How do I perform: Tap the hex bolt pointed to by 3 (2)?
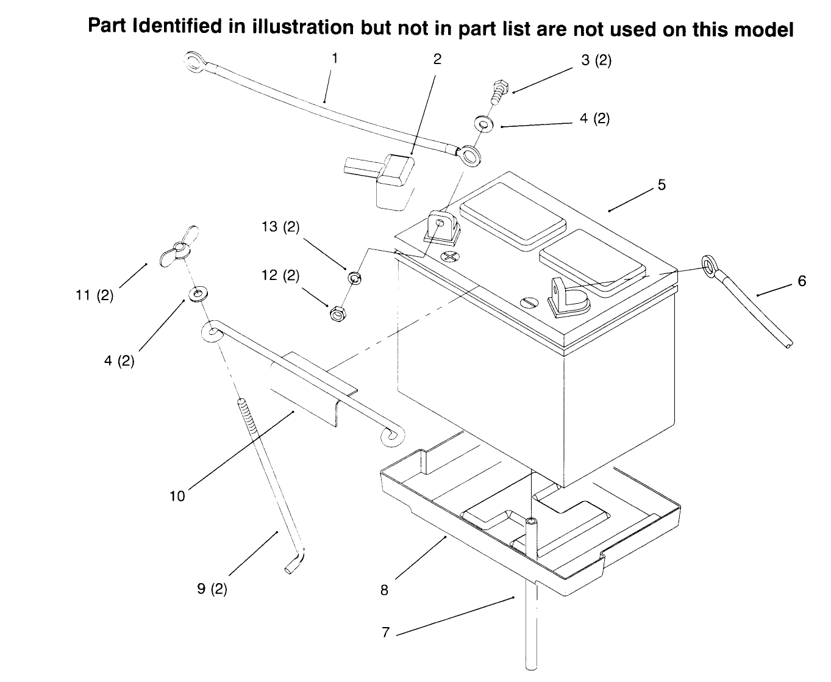tap(499, 92)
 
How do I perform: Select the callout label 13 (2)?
tap(280, 227)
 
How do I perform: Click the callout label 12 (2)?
tap(280, 275)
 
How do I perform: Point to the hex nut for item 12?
tap(338, 314)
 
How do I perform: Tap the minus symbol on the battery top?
tap(529, 303)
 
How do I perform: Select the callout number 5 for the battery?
tap(662, 184)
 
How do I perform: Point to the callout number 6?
tap(802, 281)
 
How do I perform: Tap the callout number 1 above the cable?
tap(335, 59)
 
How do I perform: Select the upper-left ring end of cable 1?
tap(194, 62)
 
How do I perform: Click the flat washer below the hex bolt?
tap(483, 124)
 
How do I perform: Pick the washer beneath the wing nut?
tap(199, 294)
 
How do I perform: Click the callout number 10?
tap(177, 496)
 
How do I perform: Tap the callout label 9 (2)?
tap(212, 589)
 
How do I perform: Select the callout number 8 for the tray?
tap(384, 590)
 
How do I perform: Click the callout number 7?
tap(386, 633)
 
